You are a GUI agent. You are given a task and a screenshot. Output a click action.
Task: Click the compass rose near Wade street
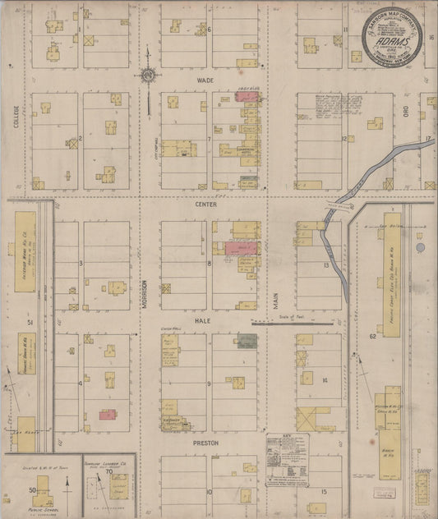pyautogui.click(x=148, y=76)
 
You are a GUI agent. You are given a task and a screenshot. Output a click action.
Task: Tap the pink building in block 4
pyautogui.click(x=106, y=416)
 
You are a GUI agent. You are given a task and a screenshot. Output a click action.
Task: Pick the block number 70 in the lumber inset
pyautogui.click(x=108, y=474)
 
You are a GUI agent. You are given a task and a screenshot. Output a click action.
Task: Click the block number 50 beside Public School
pyautogui.click(x=33, y=490)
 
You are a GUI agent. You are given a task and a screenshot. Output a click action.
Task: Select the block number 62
pyautogui.click(x=371, y=336)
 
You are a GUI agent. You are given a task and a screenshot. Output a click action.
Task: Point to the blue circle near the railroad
pyautogui.click(x=421, y=246)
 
